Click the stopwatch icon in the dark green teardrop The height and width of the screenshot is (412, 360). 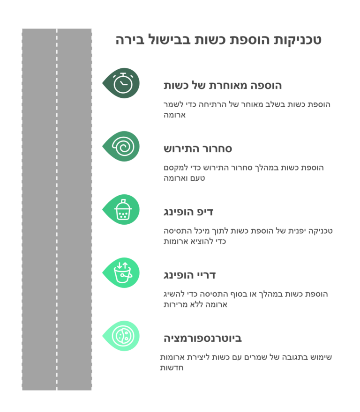tap(123, 83)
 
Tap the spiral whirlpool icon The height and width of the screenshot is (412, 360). tap(123, 147)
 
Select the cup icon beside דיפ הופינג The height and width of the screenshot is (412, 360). tap(123, 209)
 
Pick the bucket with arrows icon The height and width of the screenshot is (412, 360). tap(123, 272)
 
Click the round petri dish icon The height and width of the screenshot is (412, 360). tap(123, 336)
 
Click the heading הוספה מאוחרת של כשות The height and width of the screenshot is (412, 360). tap(223, 85)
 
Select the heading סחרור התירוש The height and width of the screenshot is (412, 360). tap(198, 149)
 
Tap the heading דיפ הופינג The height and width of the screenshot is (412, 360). tap(188, 212)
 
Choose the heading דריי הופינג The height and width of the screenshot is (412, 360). tap(189, 275)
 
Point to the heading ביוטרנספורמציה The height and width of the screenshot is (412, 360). tap(202, 338)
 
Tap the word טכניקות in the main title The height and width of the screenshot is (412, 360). tap(297, 40)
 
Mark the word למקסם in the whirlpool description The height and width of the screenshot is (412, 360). tap(173, 168)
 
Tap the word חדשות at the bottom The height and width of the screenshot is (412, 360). tap(172, 368)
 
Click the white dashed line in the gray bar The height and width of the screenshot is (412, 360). tap(57, 209)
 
